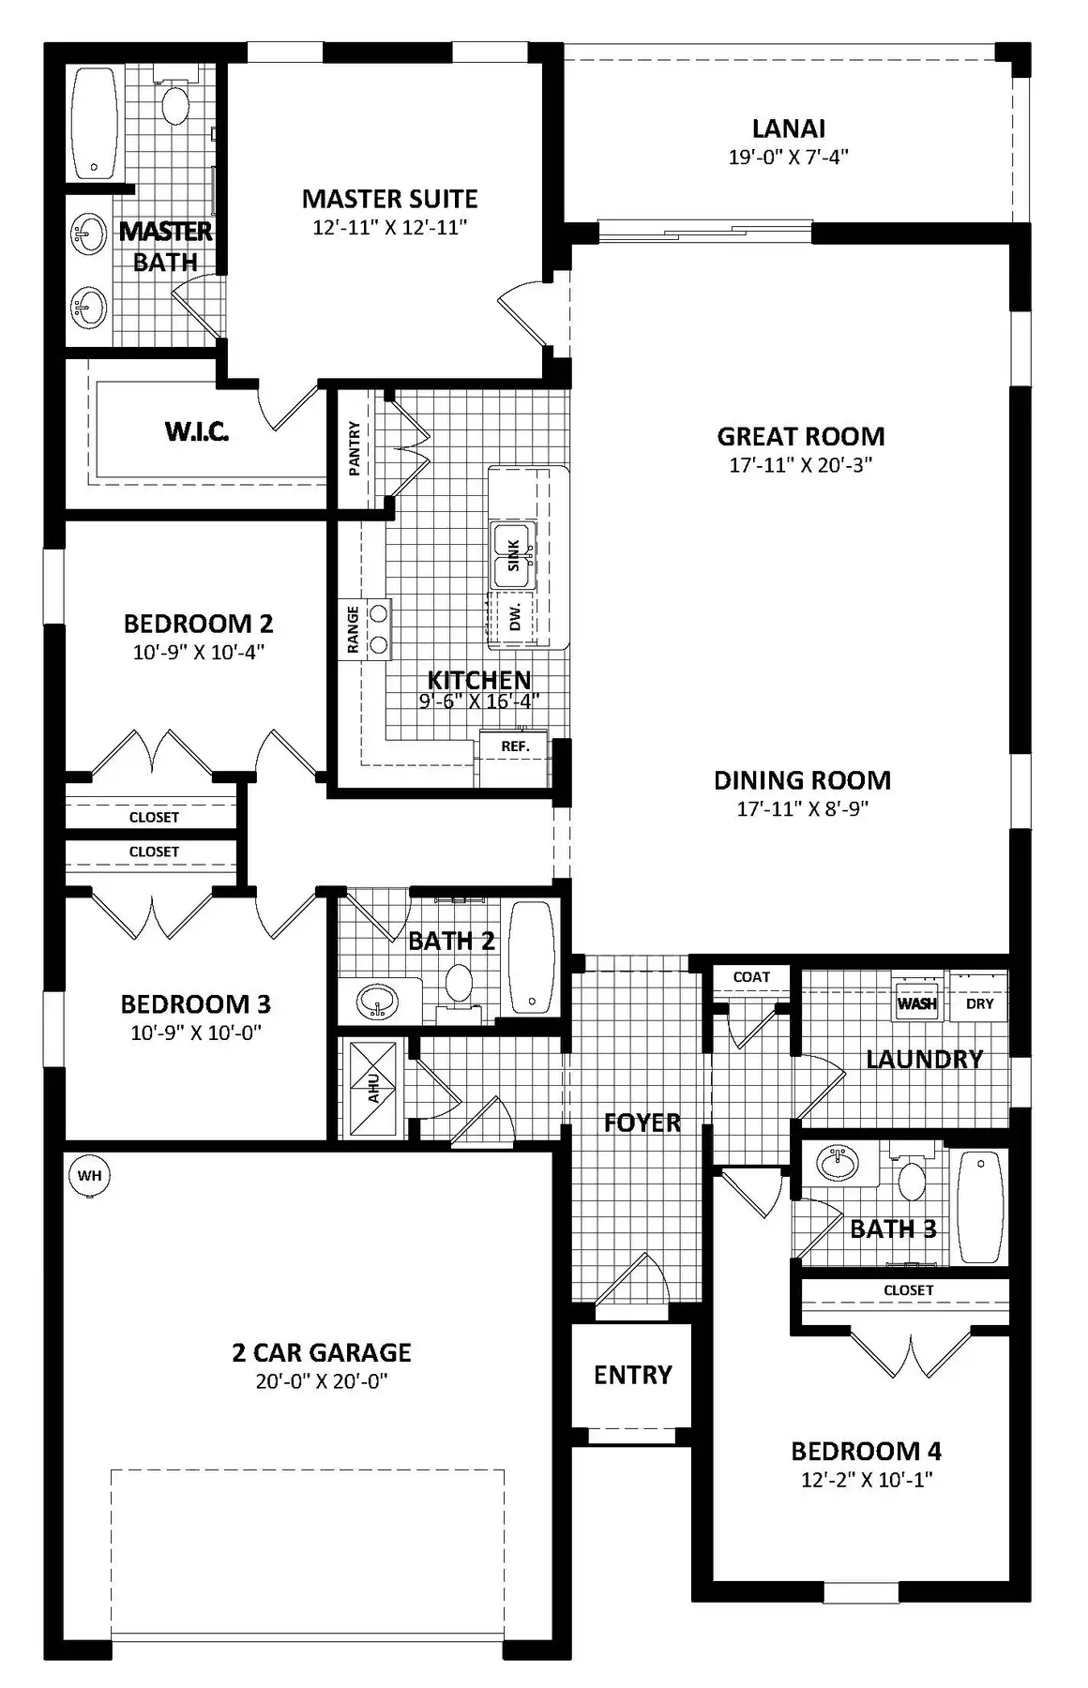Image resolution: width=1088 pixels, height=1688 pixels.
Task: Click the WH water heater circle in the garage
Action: [89, 1176]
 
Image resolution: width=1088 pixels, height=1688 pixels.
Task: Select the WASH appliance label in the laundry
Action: [916, 1003]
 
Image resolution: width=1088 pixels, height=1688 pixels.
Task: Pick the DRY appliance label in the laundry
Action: [979, 1003]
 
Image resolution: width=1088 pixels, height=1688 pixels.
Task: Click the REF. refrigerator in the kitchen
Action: [515, 746]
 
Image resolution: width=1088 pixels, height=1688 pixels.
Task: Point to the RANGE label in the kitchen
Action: [354, 629]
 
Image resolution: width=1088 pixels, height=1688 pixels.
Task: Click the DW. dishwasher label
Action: [515, 618]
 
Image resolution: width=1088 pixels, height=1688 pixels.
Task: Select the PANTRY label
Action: [355, 448]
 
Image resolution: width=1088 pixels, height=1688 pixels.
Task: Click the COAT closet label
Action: [751, 976]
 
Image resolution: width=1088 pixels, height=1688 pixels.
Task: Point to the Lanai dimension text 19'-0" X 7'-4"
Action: [788, 157]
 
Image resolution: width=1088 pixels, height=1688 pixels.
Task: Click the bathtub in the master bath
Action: [95, 123]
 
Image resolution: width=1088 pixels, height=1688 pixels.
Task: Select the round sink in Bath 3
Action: [838, 1164]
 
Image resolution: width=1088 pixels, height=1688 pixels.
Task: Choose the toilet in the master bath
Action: [174, 98]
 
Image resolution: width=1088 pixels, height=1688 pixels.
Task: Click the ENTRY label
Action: [633, 1375]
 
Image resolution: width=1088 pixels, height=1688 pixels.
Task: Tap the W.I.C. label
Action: [197, 431]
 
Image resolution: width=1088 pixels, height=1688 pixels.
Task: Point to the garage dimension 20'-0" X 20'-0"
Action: [322, 1381]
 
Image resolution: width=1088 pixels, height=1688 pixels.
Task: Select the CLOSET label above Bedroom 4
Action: [909, 1290]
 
